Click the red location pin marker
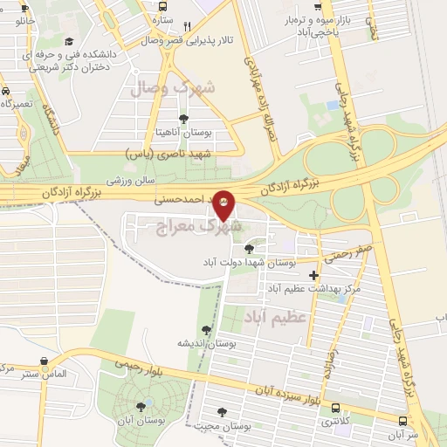point(224,203)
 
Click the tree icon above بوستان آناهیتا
point(182,119)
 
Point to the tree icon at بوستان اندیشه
point(206,329)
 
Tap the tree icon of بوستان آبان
point(141,406)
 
